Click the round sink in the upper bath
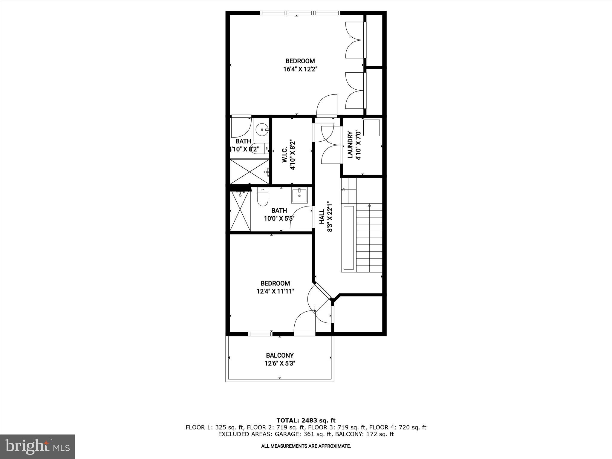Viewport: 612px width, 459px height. coord(262,130)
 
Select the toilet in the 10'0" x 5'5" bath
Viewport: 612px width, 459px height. coord(263,198)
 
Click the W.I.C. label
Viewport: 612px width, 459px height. coord(284,155)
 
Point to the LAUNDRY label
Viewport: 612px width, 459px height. coord(351,145)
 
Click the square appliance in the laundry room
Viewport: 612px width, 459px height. coord(371,128)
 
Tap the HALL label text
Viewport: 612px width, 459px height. coord(322,217)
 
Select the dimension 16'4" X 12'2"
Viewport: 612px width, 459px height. coord(300,69)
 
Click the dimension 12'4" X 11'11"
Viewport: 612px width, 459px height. coord(275,291)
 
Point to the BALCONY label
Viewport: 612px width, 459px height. coord(280,355)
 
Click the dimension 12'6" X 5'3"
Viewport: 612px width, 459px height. coord(280,363)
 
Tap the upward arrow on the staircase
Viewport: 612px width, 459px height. coord(369,205)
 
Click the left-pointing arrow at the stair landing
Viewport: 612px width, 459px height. coord(343,189)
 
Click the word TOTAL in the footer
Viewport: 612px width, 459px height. coord(288,420)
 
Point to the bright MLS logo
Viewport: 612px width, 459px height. coord(37,446)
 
